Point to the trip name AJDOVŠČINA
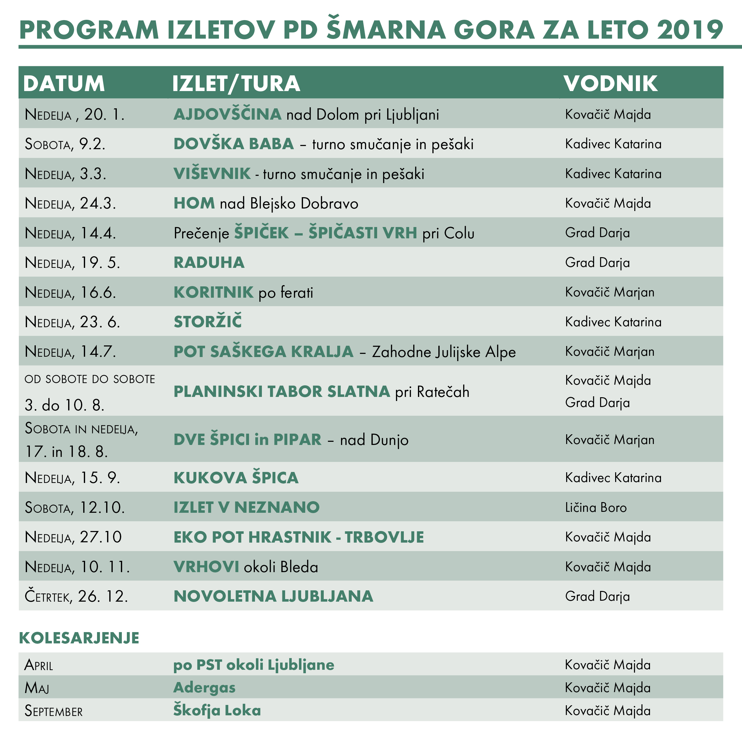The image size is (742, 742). click(227, 114)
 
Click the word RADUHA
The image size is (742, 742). click(209, 262)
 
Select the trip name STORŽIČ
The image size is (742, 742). click(208, 322)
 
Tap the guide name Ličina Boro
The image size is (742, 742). click(596, 507)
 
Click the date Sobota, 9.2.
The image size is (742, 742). click(65, 144)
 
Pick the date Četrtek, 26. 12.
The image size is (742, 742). click(76, 596)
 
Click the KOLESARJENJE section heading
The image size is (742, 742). click(79, 638)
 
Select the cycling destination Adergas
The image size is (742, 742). click(204, 687)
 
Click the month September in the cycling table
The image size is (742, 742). click(53, 711)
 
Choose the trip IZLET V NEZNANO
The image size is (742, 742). click(246, 507)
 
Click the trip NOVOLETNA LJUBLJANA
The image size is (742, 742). click(273, 596)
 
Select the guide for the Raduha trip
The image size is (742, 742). click(597, 262)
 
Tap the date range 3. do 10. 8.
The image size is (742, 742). click(64, 405)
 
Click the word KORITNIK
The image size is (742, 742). click(214, 292)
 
